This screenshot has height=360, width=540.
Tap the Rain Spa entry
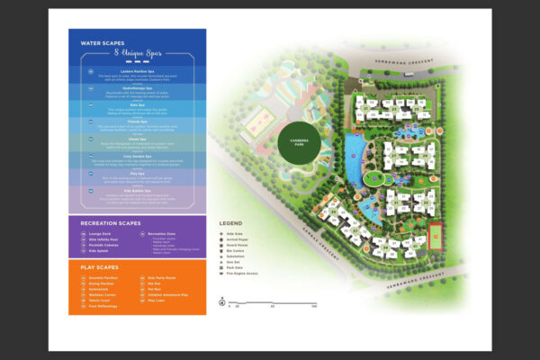[138, 104]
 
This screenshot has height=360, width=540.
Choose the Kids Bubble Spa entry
[138, 191]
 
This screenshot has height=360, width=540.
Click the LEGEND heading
[231, 223]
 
